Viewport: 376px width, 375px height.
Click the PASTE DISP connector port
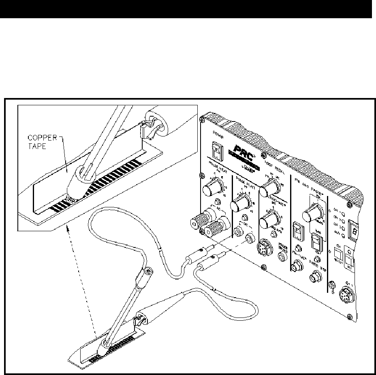314,278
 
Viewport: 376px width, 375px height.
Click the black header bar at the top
186,9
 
